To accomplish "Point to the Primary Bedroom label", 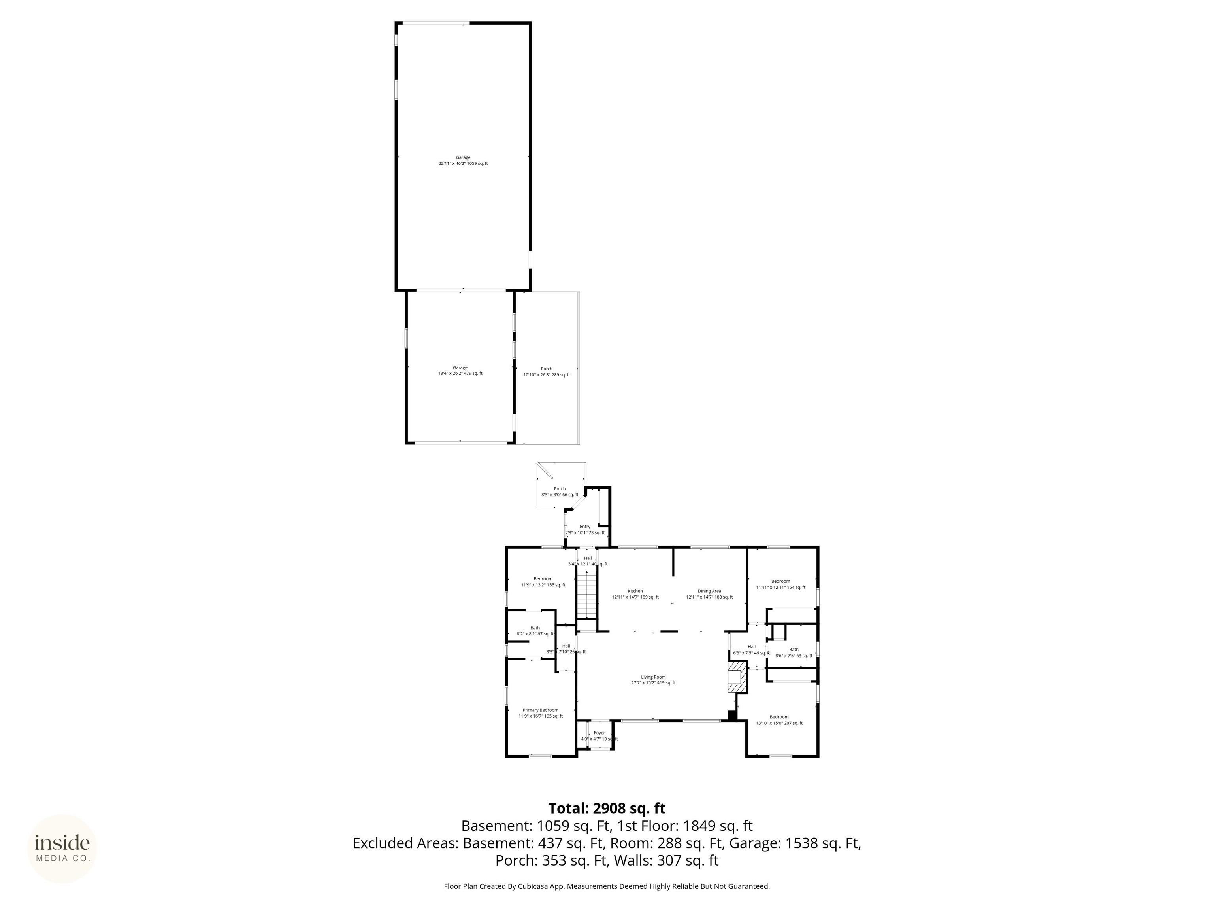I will (540, 713).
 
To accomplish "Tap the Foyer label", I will (599, 736).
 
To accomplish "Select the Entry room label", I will (585, 529).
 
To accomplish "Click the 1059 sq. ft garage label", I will (463, 161).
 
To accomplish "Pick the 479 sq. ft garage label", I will (460, 370).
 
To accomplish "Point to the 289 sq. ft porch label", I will (547, 372).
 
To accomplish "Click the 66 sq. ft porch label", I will (560, 491).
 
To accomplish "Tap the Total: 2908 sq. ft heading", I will (607, 808).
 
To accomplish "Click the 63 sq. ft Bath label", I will (794, 652).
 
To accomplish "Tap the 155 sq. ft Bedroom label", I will (543, 582).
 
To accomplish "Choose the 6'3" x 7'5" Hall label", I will (751, 650).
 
